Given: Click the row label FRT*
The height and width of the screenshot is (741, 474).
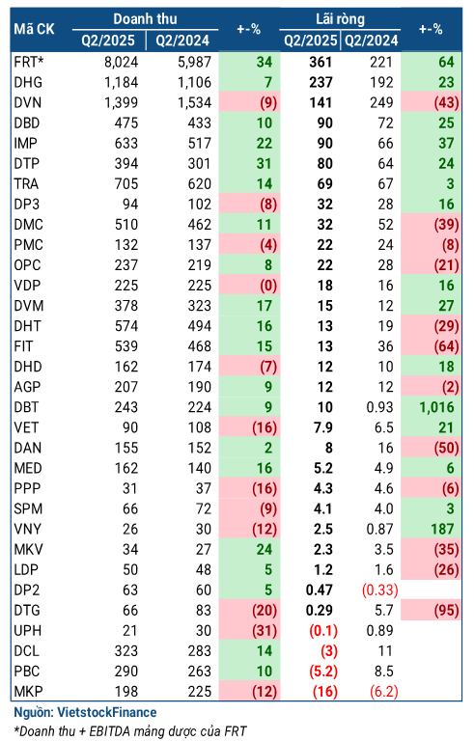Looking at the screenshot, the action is point(29,62).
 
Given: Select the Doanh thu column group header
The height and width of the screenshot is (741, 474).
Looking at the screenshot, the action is point(145,19).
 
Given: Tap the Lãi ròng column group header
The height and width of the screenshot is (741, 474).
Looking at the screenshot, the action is point(340,19).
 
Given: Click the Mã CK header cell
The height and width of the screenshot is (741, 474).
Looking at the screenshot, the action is point(34,29).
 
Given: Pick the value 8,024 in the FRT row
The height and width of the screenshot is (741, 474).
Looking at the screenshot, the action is point(121,62).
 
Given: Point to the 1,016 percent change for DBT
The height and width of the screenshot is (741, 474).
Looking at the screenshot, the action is point(436,407).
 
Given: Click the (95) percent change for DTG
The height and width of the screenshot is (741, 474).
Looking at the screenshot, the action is point(447,611).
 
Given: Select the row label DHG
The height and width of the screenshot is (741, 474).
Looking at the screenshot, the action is point(28,82).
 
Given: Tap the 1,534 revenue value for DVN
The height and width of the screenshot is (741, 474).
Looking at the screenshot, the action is point(194,102).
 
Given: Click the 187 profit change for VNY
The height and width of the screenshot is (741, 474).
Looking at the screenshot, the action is point(442,529).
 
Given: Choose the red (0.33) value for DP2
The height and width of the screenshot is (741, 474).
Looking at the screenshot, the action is point(379,590).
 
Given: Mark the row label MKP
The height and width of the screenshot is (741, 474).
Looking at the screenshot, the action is point(28,692).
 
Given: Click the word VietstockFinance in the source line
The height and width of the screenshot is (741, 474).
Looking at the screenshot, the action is point(107,712).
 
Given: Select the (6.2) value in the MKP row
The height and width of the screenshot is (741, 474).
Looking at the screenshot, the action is point(383,692).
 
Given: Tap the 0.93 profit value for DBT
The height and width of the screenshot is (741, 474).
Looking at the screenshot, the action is point(379,407).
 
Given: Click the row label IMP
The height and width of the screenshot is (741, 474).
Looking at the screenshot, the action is point(25,143).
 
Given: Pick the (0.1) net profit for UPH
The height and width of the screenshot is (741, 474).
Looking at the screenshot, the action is point(323,631).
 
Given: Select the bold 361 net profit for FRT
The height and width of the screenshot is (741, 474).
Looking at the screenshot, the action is point(321,62).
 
